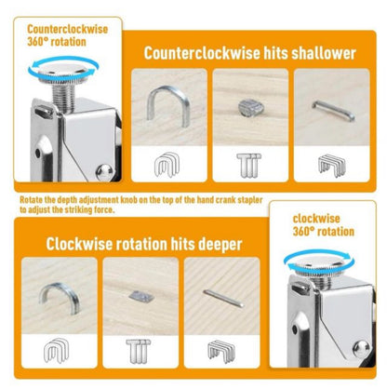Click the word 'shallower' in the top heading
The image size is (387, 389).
pyautogui.click(x=321, y=52)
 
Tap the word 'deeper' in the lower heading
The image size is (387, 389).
pyautogui.click(x=215, y=245)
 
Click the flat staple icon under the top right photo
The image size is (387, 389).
pyautogui.click(x=332, y=166)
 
